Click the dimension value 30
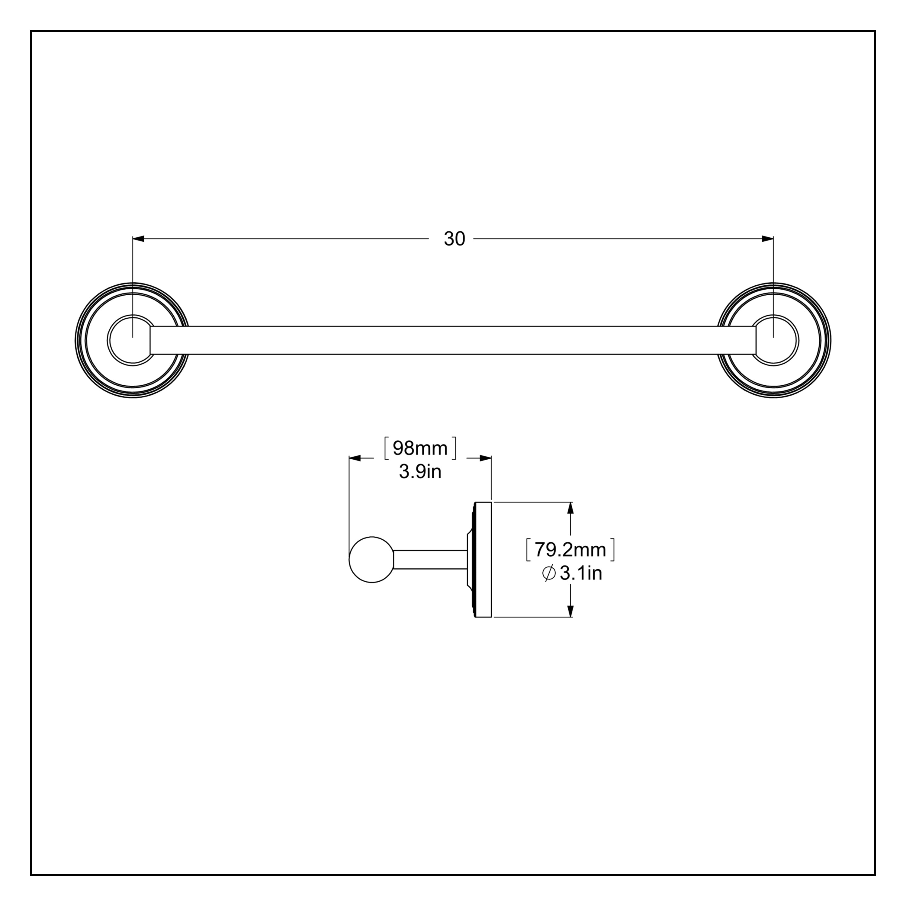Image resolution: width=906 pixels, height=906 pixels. tap(454, 239)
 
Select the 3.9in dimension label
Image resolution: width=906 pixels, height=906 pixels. tap(420, 472)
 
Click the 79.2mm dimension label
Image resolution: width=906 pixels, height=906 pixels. tap(570, 550)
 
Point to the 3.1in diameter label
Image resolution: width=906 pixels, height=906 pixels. tap(580, 573)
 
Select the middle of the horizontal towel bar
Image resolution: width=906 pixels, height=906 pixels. tap(453, 340)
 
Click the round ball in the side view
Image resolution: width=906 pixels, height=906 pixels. tap(372, 559)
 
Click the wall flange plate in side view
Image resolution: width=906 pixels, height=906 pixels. tap(483, 559)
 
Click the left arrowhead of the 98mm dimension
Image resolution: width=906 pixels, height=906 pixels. tap(355, 458)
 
